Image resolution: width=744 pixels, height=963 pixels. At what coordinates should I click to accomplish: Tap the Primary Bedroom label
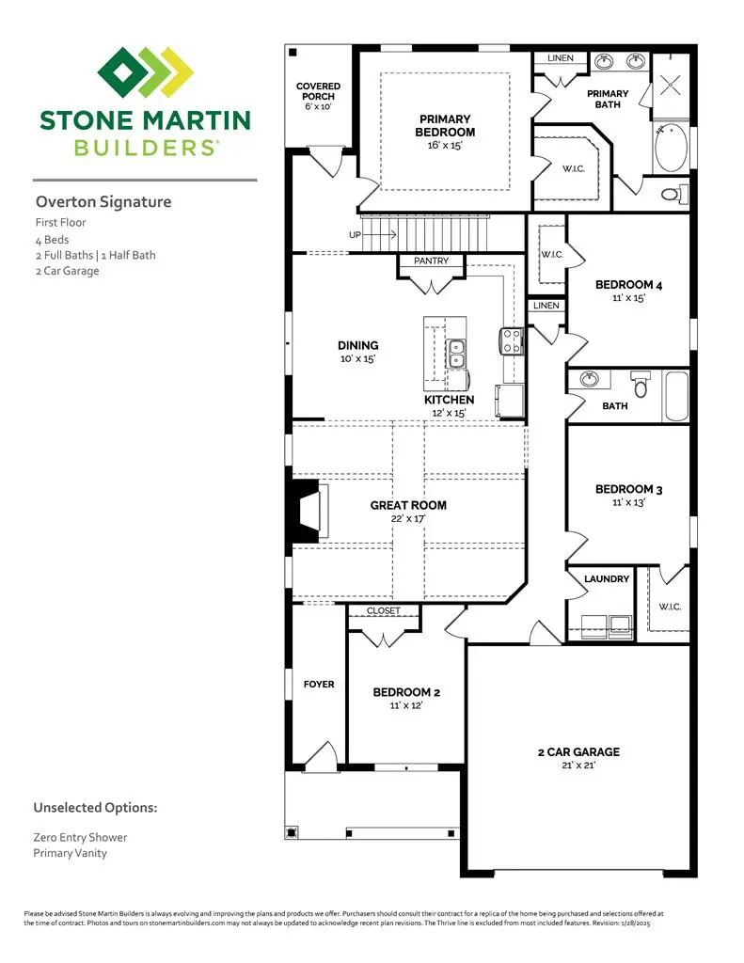click(x=446, y=125)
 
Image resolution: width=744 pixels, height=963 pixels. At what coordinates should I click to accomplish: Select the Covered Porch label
click(x=318, y=92)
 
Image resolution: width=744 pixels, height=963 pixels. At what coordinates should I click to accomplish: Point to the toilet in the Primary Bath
click(x=672, y=195)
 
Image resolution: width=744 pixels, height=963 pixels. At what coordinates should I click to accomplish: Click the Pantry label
click(x=431, y=260)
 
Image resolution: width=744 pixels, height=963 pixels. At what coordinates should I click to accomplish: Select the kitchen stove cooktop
click(x=512, y=339)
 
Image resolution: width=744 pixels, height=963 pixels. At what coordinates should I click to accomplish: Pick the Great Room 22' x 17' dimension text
click(x=408, y=519)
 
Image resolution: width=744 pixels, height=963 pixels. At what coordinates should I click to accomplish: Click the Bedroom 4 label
click(x=628, y=285)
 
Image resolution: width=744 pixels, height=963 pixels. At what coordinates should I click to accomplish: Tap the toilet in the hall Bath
click(x=641, y=386)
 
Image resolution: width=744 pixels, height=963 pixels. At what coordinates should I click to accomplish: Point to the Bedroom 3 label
click(x=628, y=489)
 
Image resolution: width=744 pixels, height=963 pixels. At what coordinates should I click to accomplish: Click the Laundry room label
click(x=607, y=578)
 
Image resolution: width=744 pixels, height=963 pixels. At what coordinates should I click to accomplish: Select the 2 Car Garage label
click(x=578, y=751)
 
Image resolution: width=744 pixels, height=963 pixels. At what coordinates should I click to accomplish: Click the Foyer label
click(x=318, y=685)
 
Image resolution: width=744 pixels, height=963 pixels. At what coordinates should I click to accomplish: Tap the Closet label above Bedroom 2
click(x=384, y=611)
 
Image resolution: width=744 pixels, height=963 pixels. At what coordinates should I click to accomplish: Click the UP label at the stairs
click(x=355, y=234)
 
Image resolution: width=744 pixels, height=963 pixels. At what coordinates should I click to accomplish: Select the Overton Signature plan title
click(x=103, y=201)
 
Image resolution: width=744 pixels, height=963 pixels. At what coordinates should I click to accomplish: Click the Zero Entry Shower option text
click(x=80, y=837)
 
